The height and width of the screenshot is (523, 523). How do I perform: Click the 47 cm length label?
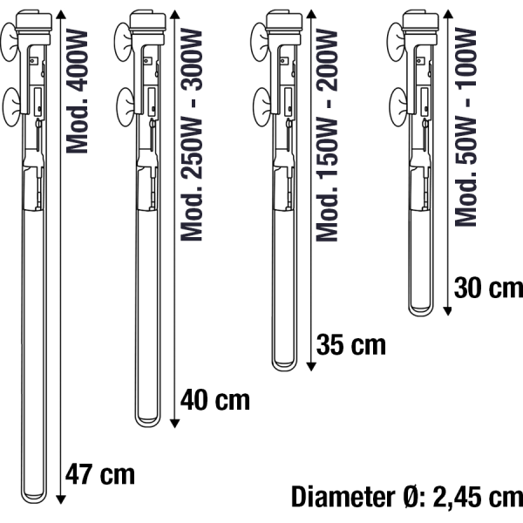(x=100, y=474)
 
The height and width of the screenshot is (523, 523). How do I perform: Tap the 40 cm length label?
(x=214, y=399)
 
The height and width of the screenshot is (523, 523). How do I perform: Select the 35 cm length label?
(x=351, y=344)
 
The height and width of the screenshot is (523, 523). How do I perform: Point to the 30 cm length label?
(x=488, y=288)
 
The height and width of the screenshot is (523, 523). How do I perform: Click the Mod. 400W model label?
(x=77, y=91)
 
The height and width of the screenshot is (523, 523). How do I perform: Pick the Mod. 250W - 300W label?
(x=192, y=135)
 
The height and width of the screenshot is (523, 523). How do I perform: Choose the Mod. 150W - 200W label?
(x=327, y=135)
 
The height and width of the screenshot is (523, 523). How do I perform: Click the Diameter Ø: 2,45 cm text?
(x=407, y=497)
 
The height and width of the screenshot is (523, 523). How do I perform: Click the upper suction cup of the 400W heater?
(x=9, y=42)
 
